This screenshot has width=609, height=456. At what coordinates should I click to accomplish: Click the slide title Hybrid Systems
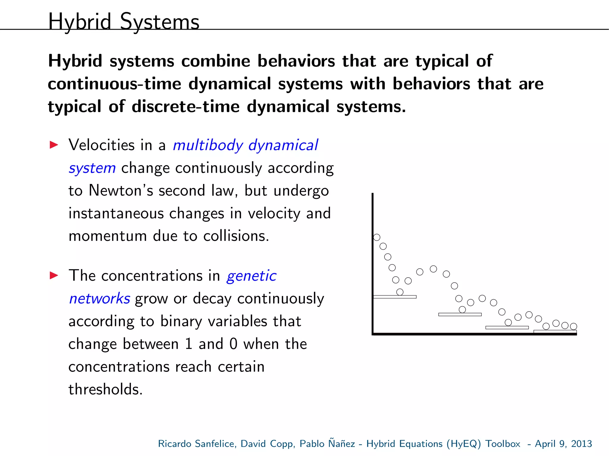click(x=123, y=21)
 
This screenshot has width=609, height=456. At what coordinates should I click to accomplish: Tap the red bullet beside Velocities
click(x=54, y=145)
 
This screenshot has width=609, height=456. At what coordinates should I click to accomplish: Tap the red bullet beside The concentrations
click(x=54, y=275)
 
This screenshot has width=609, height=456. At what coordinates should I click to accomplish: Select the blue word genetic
click(x=251, y=276)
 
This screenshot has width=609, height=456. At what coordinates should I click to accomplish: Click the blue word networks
click(x=99, y=298)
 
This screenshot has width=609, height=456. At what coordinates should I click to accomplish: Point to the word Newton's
click(x=121, y=191)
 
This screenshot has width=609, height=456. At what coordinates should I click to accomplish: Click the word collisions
click(x=236, y=236)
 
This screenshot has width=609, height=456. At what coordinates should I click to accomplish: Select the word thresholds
click(x=105, y=389)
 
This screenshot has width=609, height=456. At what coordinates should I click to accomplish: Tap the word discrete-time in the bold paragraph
click(x=185, y=106)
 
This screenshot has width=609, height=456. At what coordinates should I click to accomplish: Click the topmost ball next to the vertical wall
click(x=377, y=237)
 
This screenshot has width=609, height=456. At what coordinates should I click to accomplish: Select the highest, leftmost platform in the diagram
click(x=395, y=297)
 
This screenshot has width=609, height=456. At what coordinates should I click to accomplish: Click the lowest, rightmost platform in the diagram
click(x=555, y=331)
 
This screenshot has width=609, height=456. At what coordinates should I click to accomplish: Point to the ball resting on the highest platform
click(x=400, y=292)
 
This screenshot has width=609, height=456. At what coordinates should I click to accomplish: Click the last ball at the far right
click(x=574, y=326)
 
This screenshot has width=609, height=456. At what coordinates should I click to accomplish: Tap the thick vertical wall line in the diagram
click(x=373, y=262)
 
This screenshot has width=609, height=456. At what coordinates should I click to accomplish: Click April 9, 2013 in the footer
click(x=563, y=444)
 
